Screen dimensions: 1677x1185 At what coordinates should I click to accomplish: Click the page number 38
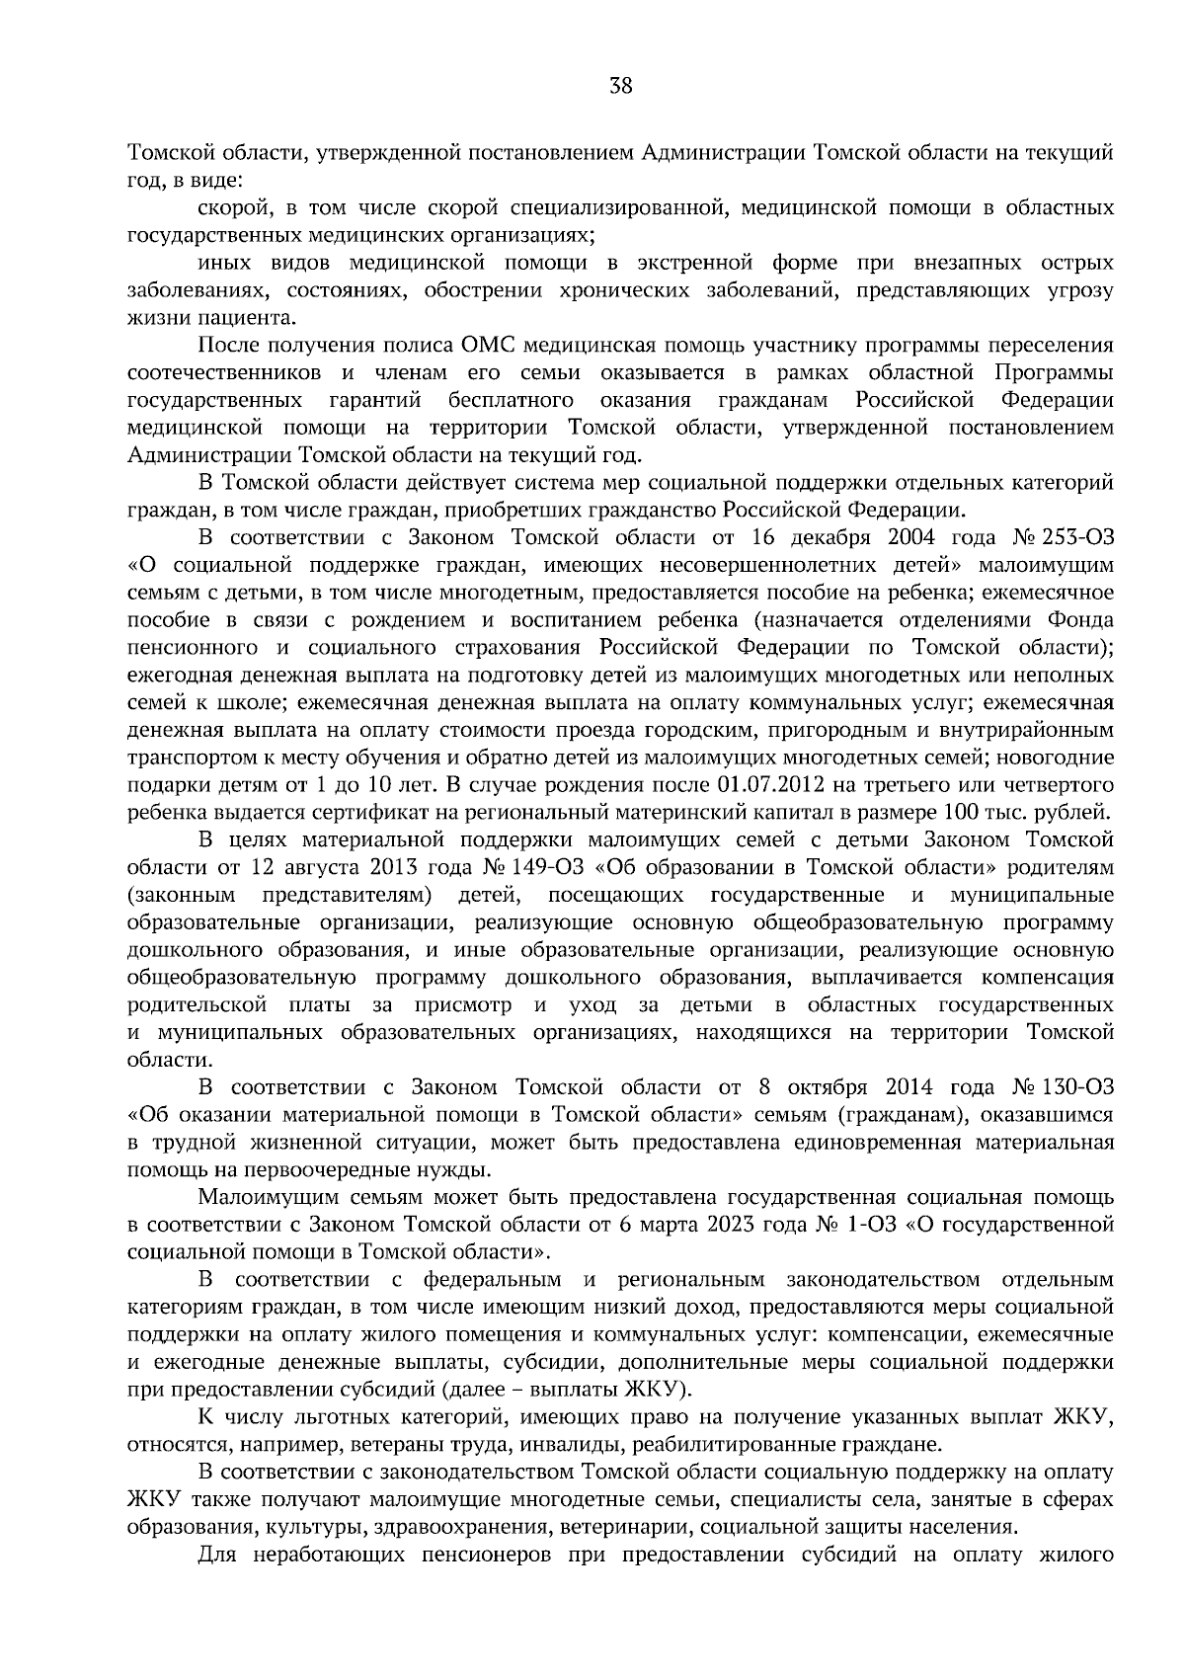(x=620, y=85)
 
